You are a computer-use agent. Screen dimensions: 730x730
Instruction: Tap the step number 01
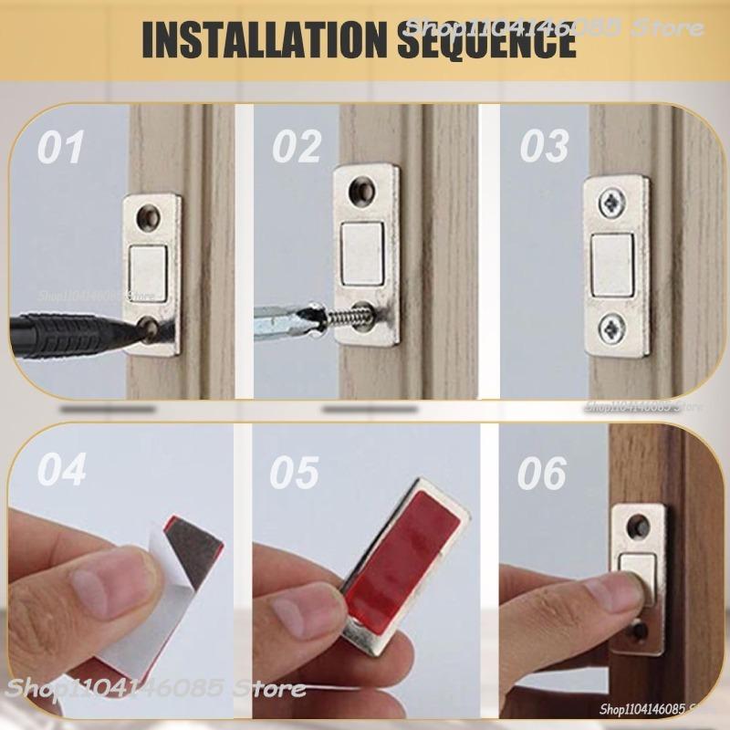pos(61,148)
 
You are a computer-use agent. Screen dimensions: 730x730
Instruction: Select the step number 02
pos(297,148)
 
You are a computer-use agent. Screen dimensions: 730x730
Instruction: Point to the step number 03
pos(545,148)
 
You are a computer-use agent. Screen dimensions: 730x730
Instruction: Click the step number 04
pos(62,473)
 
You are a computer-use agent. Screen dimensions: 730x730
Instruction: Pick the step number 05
pos(295,473)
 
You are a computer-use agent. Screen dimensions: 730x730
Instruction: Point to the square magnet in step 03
pos(612,265)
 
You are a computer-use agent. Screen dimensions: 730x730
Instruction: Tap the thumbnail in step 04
pos(109,584)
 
